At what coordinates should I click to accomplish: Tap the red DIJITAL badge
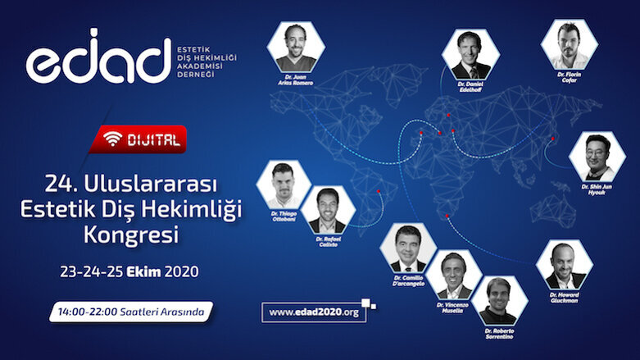(139, 139)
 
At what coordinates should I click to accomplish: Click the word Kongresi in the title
(131, 235)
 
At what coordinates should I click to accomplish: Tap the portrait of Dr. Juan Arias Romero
(296, 48)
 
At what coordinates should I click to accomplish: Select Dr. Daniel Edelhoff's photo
(470, 53)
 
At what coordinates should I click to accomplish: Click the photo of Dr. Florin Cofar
(569, 43)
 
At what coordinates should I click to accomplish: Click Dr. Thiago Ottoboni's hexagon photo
(284, 184)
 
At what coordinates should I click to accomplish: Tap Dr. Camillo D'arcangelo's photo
(408, 248)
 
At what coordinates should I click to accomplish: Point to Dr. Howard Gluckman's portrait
(565, 264)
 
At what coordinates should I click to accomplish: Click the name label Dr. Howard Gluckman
(565, 300)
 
